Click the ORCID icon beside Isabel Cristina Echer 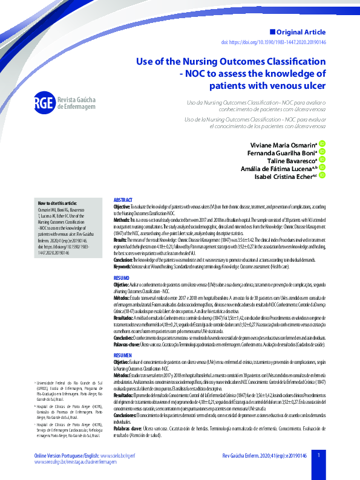pos(322,175)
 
